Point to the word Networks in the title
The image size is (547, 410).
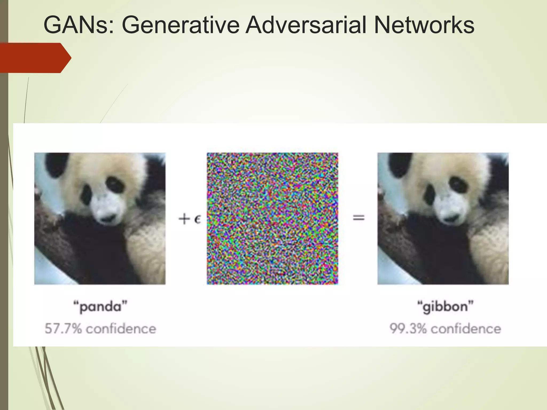click(x=424, y=25)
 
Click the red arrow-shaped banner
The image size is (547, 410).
click(x=35, y=58)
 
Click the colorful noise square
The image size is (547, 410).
click(x=272, y=218)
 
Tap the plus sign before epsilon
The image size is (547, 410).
click(x=184, y=219)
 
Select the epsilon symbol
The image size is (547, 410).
click(x=197, y=219)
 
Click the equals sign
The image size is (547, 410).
click(x=358, y=218)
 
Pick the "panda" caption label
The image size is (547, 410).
click(x=100, y=306)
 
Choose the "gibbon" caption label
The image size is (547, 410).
click(x=445, y=306)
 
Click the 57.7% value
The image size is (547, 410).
click(x=63, y=328)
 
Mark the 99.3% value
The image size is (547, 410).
click(x=408, y=328)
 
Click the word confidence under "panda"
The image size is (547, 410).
click(x=121, y=328)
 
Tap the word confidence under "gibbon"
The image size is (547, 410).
click(x=466, y=328)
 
